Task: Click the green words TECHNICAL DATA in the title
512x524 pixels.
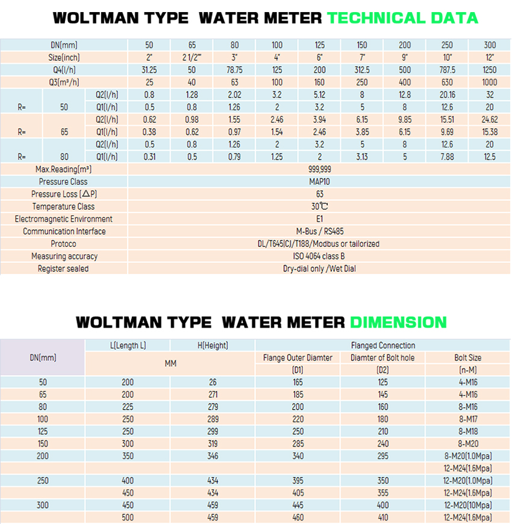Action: click(403, 18)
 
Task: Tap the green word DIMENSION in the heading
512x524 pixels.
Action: click(398, 322)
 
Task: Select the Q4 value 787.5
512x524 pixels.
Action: click(447, 70)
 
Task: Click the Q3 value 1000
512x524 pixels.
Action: click(490, 82)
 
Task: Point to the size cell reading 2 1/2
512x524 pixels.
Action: click(192, 57)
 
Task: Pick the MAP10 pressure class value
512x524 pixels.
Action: click(319, 182)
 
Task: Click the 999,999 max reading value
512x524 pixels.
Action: click(319, 169)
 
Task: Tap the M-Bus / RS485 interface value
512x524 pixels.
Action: click(320, 231)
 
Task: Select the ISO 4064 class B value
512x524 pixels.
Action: click(319, 257)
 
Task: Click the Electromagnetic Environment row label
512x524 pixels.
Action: click(63, 219)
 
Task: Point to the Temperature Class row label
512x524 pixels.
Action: click(63, 207)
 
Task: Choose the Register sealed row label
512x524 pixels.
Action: click(63, 269)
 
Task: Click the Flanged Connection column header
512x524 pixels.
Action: click(383, 345)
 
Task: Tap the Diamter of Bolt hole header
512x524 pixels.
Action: click(382, 358)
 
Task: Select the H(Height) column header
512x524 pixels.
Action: click(213, 345)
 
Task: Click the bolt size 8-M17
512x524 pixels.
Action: click(468, 419)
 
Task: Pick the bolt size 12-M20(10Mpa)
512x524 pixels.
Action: click(468, 505)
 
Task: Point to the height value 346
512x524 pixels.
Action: click(213, 456)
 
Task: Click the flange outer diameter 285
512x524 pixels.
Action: click(298, 444)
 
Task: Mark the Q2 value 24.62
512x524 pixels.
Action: click(490, 120)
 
